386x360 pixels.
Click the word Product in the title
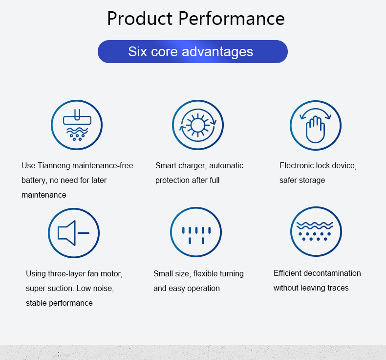(x=140, y=19)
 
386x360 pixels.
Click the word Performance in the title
(x=232, y=19)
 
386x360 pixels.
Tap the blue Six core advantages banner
(x=193, y=51)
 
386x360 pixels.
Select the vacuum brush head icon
(x=77, y=125)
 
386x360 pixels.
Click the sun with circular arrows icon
(x=198, y=125)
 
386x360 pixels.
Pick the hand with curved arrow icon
(x=316, y=125)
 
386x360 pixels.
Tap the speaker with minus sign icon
(x=74, y=233)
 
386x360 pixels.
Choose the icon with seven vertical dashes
(x=196, y=232)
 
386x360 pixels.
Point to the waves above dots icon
(x=316, y=232)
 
